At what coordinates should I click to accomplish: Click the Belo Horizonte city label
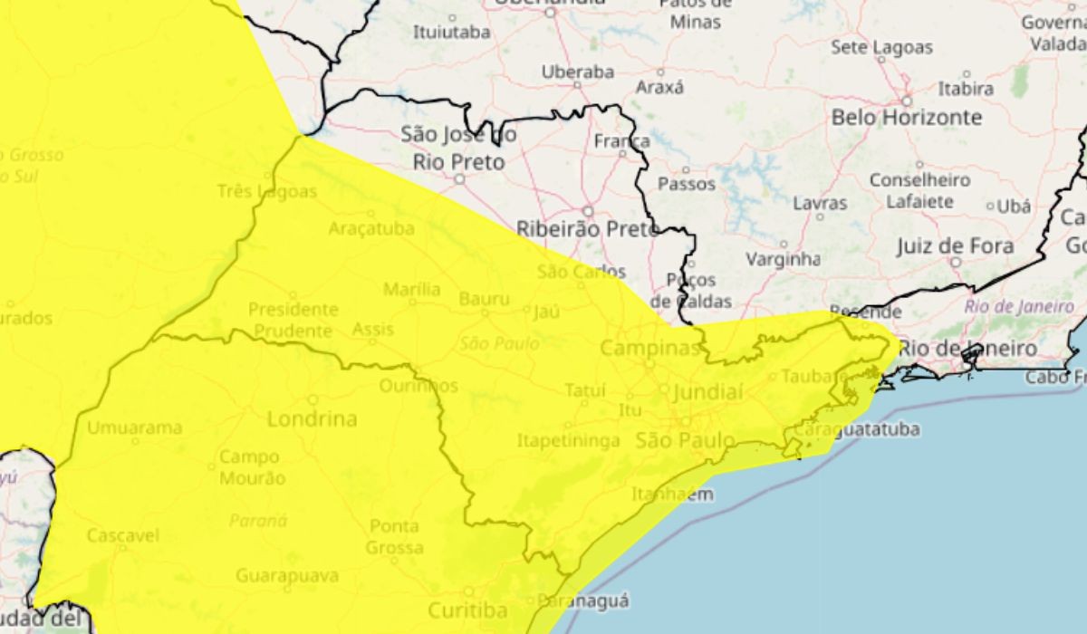[x=906, y=118]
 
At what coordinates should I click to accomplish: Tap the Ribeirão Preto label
[x=587, y=230]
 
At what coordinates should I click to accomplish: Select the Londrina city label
[x=313, y=419]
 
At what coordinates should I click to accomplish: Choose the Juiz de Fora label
[x=955, y=246]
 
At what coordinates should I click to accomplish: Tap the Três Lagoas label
[x=267, y=192]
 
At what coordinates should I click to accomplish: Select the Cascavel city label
[x=122, y=536]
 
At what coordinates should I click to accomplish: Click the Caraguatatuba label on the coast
[x=857, y=428]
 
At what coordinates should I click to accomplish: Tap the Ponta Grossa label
[x=394, y=537]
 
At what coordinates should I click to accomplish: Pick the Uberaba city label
[x=577, y=72]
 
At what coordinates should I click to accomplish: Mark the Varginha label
[x=783, y=259]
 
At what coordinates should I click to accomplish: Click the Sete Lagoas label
[x=880, y=46]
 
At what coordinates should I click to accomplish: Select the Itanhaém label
[x=672, y=495]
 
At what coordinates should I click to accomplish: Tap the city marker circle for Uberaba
[x=577, y=85]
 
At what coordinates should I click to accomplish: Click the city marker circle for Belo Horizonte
[x=906, y=101]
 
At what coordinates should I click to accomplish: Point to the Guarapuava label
[x=287, y=576]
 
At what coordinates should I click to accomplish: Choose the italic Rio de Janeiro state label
[x=1019, y=306]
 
